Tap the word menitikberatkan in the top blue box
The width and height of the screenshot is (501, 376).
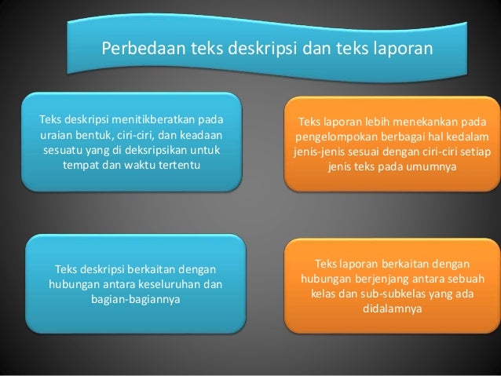pyautogui.click(x=153, y=121)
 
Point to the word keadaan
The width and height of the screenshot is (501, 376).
pyautogui.click(x=200, y=136)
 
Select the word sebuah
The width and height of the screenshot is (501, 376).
pyautogui.click(x=478, y=279)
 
